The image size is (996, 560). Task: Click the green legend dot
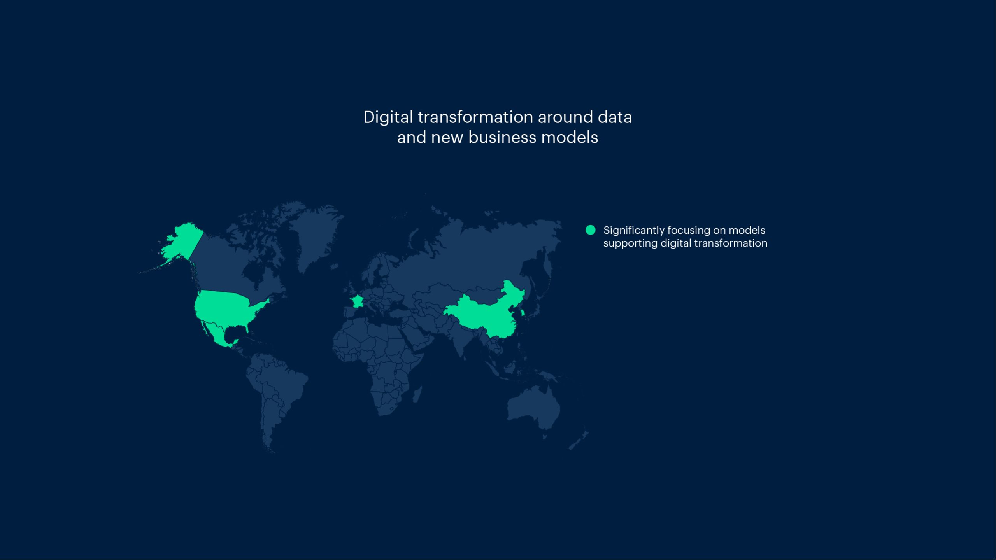(x=590, y=230)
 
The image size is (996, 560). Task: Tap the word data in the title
(x=615, y=117)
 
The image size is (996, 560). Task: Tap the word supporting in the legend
(x=630, y=244)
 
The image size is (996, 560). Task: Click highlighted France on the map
(x=357, y=301)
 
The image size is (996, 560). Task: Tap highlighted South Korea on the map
(x=523, y=312)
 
